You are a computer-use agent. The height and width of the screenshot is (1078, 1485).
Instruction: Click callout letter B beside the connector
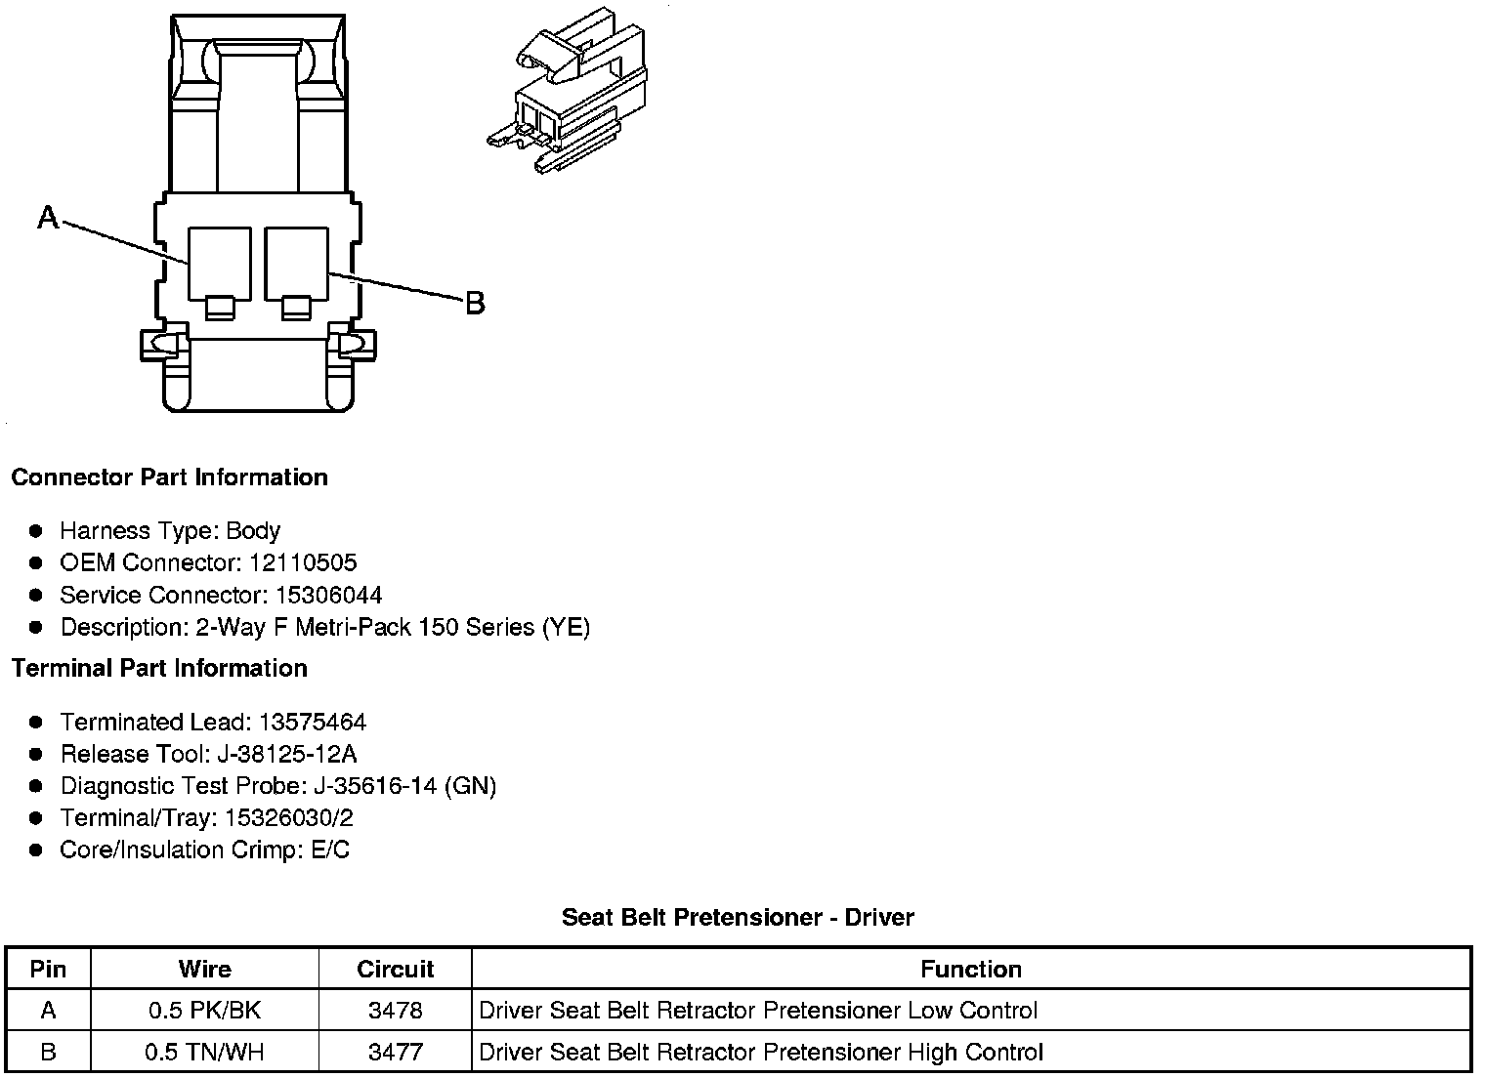pyautogui.click(x=475, y=304)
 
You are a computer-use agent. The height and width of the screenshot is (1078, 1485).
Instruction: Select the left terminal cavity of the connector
pyautogui.click(x=220, y=263)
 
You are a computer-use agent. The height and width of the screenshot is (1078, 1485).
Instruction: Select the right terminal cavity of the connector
pyautogui.click(x=296, y=263)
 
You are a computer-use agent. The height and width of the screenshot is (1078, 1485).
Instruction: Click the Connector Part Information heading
pyautogui.click(x=169, y=477)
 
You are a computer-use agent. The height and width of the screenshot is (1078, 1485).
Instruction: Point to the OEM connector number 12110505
pyautogui.click(x=304, y=563)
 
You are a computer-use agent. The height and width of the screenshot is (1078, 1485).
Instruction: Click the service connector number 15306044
pyautogui.click(x=329, y=596)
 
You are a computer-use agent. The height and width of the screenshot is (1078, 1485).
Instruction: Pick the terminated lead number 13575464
pyautogui.click(x=313, y=723)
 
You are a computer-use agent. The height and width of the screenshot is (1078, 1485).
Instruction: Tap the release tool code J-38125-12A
pyautogui.click(x=304, y=755)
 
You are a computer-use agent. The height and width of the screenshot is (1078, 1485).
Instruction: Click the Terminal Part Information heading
pyautogui.click(x=159, y=669)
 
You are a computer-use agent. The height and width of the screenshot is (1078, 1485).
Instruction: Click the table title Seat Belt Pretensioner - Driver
pyautogui.click(x=738, y=918)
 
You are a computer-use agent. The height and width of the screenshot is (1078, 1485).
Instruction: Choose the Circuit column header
pyautogui.click(x=395, y=970)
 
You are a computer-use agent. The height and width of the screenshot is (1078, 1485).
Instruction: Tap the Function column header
pyautogui.click(x=971, y=970)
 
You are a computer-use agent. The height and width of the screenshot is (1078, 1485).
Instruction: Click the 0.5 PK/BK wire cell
pyautogui.click(x=205, y=1011)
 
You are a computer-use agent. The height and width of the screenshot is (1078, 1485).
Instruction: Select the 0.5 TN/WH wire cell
pyautogui.click(x=205, y=1053)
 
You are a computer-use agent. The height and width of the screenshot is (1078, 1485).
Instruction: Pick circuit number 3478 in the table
pyautogui.click(x=395, y=1011)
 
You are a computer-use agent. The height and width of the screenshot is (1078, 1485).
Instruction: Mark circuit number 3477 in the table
pyautogui.click(x=395, y=1053)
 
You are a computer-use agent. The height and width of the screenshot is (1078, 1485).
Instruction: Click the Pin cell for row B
pyautogui.click(x=48, y=1053)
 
